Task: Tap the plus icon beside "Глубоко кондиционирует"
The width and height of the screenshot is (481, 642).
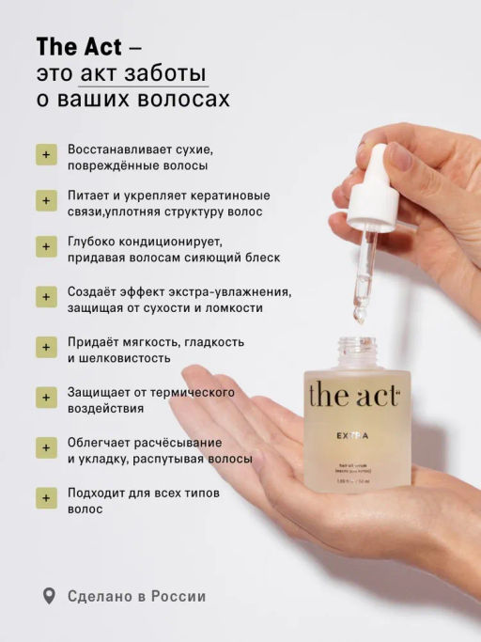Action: [45, 248]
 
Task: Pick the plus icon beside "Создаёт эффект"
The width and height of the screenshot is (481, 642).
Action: [45, 298]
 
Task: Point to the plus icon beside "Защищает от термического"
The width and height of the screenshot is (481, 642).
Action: [45, 399]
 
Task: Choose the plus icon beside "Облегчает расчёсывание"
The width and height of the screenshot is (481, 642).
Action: [45, 449]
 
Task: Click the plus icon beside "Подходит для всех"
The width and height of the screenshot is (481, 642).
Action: [45, 499]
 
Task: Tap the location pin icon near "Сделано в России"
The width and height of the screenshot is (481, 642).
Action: [50, 596]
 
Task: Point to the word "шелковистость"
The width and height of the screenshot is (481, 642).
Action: [118, 358]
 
